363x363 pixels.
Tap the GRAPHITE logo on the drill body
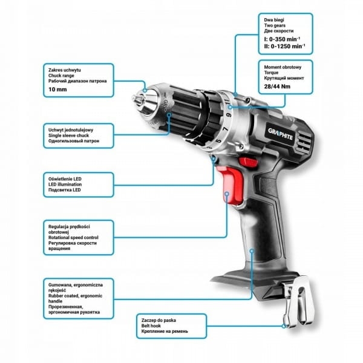(281, 134)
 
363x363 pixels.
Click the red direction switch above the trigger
(249, 162)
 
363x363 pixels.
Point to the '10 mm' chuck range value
(57, 90)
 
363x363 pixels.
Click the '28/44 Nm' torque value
(277, 87)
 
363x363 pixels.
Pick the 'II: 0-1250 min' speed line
(284, 46)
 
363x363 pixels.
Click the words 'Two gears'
(275, 25)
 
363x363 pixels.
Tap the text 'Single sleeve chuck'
(68, 136)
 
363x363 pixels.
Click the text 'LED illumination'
(65, 185)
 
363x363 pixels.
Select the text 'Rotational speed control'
(73, 238)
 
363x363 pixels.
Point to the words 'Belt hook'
(151, 325)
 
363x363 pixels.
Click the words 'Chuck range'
(61, 76)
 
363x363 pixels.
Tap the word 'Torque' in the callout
(271, 73)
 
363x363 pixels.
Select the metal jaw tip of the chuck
(135, 99)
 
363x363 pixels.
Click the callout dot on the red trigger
(227, 194)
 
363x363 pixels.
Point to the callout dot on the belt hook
(284, 326)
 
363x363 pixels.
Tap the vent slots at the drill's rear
(304, 140)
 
